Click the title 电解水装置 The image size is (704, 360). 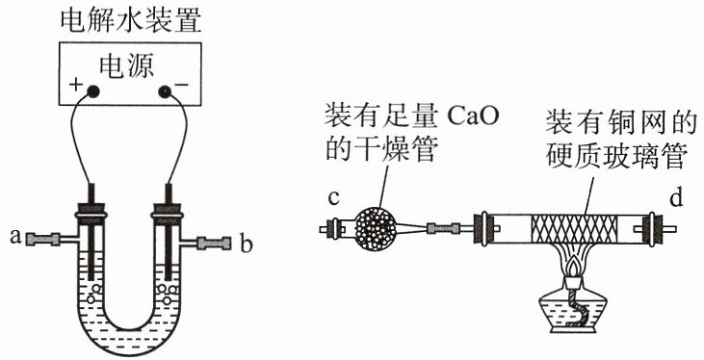(x=131, y=20)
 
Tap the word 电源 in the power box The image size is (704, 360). (x=128, y=66)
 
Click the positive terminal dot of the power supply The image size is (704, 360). (x=92, y=91)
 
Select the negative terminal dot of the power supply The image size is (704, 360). (x=165, y=91)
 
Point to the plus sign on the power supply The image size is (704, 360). (x=75, y=85)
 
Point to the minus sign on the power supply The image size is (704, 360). (x=179, y=85)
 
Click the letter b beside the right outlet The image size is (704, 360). (x=246, y=244)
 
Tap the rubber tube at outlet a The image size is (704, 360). (x=43, y=239)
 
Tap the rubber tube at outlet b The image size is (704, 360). (x=214, y=243)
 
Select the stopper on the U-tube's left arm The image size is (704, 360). (x=91, y=212)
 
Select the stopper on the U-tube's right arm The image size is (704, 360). (x=169, y=213)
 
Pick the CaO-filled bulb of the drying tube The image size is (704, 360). (x=376, y=229)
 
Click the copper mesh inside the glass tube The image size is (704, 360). (x=575, y=229)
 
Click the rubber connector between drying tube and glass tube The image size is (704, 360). (x=443, y=229)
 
